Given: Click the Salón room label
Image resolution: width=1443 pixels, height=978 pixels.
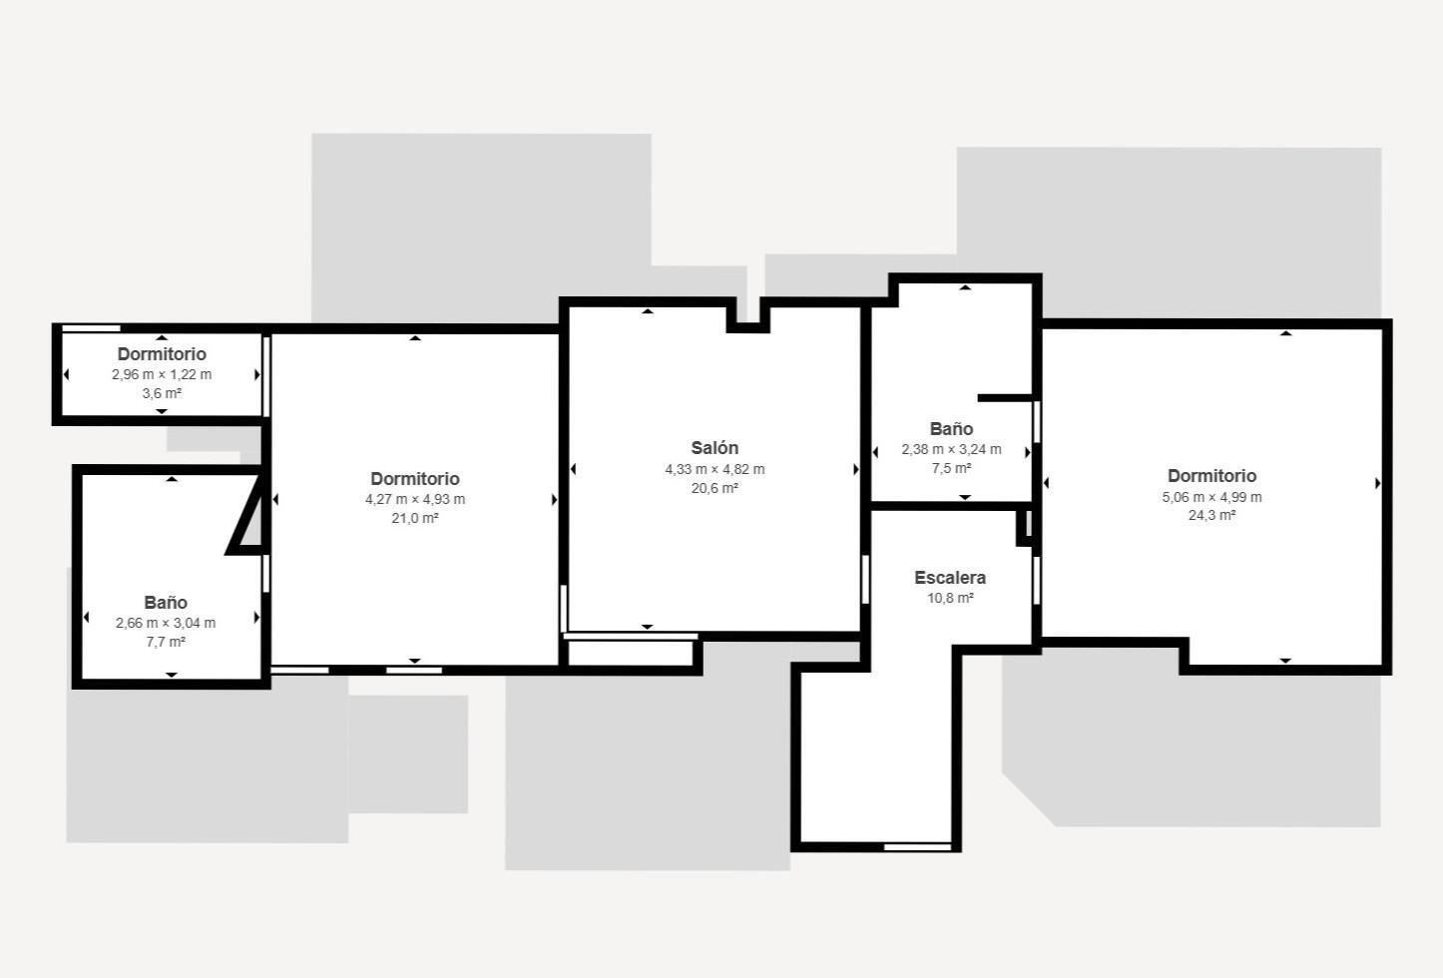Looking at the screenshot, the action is (715, 448).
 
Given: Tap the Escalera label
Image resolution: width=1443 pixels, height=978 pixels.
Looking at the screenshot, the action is (950, 578).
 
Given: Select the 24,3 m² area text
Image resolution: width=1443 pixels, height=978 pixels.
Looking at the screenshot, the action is (1211, 515).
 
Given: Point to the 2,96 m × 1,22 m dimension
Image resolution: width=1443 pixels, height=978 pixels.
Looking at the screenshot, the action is (162, 374).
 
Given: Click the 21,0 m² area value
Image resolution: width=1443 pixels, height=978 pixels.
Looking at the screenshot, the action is (415, 518).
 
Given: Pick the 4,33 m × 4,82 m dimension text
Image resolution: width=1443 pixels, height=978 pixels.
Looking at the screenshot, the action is (716, 469).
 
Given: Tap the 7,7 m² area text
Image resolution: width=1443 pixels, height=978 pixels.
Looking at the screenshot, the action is (166, 642).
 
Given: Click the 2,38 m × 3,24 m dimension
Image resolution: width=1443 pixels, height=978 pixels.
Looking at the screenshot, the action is (951, 450).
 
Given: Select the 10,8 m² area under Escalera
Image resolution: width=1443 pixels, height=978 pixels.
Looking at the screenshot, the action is (950, 598).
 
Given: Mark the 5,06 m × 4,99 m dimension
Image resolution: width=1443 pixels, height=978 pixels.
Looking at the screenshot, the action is (1211, 497).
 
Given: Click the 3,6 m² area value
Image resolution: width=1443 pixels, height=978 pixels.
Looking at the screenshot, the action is (162, 393).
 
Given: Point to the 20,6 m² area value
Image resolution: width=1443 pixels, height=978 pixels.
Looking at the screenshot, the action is (715, 488).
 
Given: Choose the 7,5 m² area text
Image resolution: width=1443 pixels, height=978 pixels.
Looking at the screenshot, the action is (951, 468).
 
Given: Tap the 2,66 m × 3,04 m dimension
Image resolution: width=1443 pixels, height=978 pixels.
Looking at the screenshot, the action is (166, 623).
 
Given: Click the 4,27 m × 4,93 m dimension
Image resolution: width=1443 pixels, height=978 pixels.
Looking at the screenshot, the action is (415, 499).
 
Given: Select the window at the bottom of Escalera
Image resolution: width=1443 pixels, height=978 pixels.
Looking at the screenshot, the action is (917, 847).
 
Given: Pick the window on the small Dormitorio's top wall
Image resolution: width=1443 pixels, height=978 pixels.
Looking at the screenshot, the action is (91, 328).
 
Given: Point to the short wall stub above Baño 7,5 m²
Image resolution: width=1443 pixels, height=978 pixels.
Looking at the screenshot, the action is (1005, 398).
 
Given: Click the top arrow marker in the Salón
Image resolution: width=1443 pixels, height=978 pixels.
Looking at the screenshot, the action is (648, 311).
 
